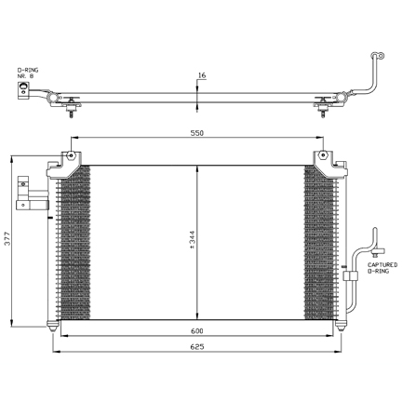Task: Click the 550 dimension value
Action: click(x=197, y=133)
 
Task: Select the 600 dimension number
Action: click(x=197, y=331)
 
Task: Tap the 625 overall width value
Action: click(x=197, y=346)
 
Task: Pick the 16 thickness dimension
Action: click(x=202, y=75)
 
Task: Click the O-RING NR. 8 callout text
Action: click(x=28, y=73)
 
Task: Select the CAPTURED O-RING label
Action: click(x=382, y=268)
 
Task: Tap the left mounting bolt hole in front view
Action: click(x=71, y=155)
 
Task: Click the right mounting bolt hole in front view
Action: click(x=323, y=154)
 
